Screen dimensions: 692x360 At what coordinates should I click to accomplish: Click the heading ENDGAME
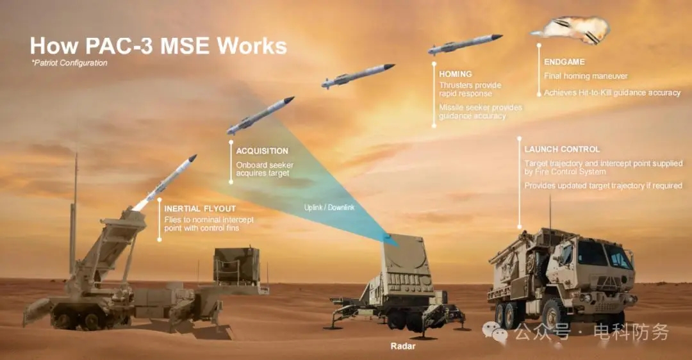[x=564, y=61]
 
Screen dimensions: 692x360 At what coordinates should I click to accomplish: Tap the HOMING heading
[x=455, y=74]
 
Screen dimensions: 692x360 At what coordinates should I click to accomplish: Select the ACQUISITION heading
[x=261, y=151]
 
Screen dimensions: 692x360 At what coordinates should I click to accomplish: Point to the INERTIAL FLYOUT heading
[x=200, y=209]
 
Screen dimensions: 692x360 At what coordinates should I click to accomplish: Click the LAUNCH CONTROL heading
[x=562, y=149]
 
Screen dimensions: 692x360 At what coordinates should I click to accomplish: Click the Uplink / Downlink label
[x=329, y=208]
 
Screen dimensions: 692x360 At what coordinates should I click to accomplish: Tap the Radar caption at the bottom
[x=403, y=347]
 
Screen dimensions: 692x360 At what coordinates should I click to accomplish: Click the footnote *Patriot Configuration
[x=69, y=63]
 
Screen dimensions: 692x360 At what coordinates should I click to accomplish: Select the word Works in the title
[x=252, y=46]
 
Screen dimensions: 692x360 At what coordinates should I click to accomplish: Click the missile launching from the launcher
[x=165, y=182]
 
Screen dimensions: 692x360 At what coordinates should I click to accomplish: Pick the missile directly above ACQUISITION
[x=260, y=115]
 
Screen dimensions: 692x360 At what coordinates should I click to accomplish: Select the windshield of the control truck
[x=605, y=255]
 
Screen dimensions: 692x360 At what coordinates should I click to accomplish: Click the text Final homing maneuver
[x=586, y=76]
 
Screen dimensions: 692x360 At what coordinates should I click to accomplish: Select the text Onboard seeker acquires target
[x=265, y=169]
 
